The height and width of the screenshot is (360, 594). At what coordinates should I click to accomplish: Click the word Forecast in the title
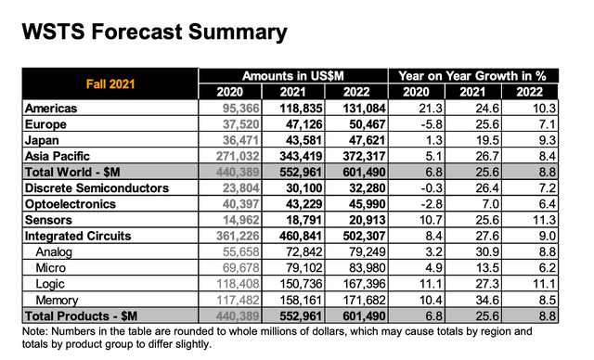(x=136, y=32)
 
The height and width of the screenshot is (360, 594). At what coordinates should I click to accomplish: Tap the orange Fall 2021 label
(x=110, y=84)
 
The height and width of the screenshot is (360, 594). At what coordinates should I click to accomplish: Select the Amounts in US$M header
(x=293, y=76)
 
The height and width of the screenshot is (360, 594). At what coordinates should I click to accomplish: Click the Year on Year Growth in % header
(x=472, y=76)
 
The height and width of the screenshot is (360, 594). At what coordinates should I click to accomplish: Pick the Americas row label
(x=51, y=109)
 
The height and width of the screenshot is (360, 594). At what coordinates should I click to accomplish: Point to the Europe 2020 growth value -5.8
(x=432, y=124)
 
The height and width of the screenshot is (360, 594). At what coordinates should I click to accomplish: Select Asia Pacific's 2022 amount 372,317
(x=364, y=156)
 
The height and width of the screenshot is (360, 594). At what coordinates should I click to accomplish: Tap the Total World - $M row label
(x=72, y=173)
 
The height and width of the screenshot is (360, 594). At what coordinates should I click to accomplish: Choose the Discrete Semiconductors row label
(x=97, y=188)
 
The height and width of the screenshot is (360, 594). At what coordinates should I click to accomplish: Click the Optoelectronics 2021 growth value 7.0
(x=490, y=204)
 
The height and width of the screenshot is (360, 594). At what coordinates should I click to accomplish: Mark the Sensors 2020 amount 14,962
(x=241, y=220)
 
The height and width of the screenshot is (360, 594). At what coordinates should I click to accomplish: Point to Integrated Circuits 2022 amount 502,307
(x=364, y=236)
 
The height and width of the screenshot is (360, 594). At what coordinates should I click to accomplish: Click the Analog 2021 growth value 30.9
(x=487, y=251)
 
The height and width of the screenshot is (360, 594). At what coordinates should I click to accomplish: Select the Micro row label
(x=50, y=268)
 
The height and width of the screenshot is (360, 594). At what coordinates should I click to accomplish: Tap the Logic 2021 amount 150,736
(x=301, y=284)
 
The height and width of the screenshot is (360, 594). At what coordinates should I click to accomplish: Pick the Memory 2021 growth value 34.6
(x=487, y=300)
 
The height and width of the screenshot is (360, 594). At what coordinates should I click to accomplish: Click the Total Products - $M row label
(x=81, y=316)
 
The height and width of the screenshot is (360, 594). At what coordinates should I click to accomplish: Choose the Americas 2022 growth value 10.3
(x=545, y=109)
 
